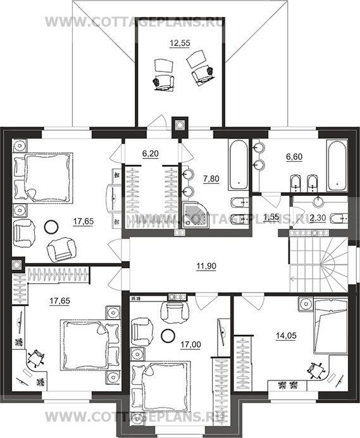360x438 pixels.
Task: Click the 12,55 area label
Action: pyautogui.click(x=180, y=44)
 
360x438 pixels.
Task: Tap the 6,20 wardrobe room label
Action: pyautogui.click(x=151, y=154)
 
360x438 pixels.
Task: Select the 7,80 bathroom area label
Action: pyautogui.click(x=211, y=178)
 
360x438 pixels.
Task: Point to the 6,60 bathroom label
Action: pyautogui.click(x=294, y=157)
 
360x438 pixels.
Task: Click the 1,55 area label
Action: pyautogui.click(x=271, y=217)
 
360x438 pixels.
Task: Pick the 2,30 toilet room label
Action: pyautogui.click(x=318, y=218)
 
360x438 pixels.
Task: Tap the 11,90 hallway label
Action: pyautogui.click(x=206, y=266)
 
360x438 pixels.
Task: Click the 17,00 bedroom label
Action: pyautogui.click(x=190, y=345)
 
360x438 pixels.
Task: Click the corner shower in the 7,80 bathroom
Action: pyautogui.click(x=196, y=214)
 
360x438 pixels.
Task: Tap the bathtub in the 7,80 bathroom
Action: pyautogui.click(x=239, y=166)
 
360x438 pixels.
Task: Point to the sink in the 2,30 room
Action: pyautogui.click(x=318, y=201)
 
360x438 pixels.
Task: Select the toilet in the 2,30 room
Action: pyautogui.click(x=339, y=218)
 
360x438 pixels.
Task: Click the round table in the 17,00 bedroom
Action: pyautogui.click(x=168, y=336)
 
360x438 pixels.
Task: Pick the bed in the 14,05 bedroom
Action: pyautogui.click(x=330, y=325)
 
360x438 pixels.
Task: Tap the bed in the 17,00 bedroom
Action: pyautogui.click(x=161, y=385)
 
